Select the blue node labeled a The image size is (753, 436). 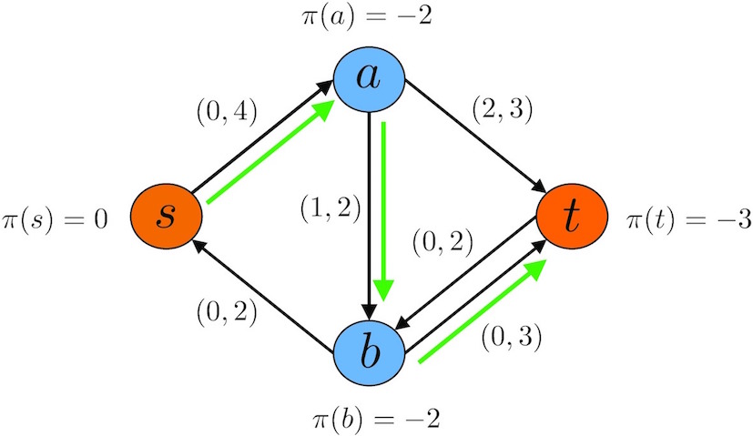pyautogui.click(x=370, y=78)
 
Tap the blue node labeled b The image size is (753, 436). pyautogui.click(x=370, y=353)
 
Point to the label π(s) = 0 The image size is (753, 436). pyautogui.click(x=55, y=220)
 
